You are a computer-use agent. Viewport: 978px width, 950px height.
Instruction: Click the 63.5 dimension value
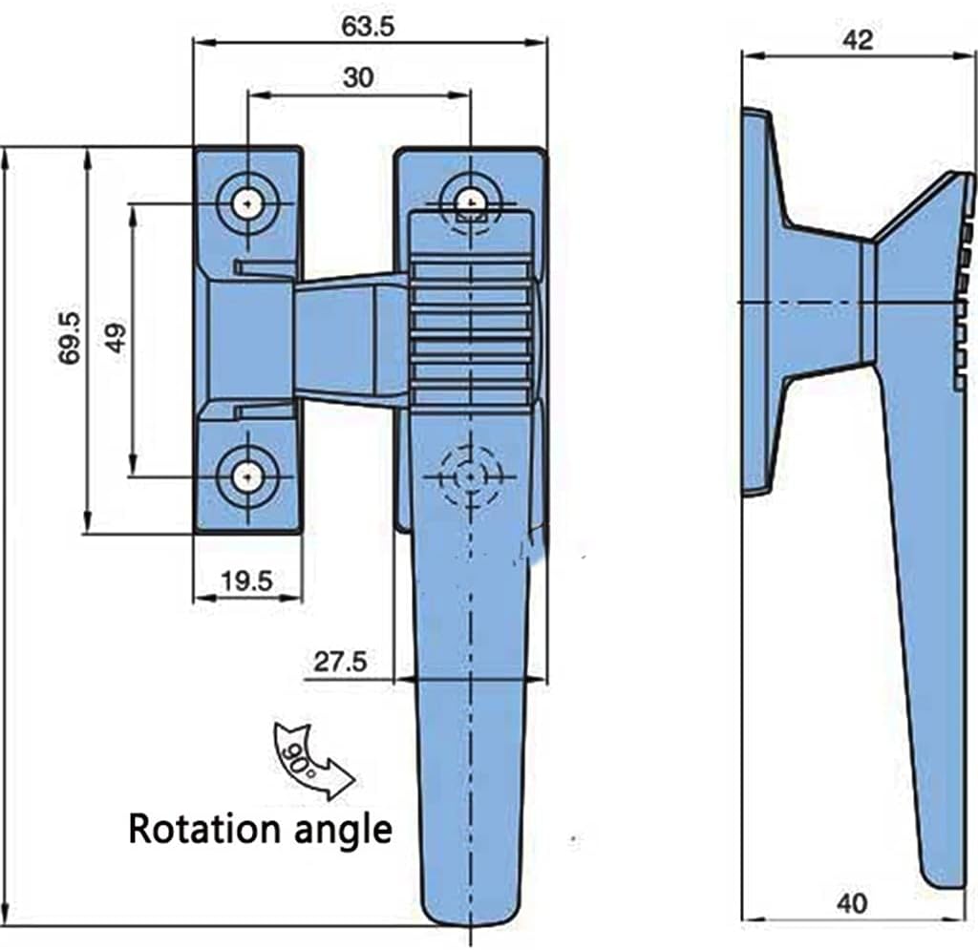368,27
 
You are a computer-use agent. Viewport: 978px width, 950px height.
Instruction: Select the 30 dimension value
359,78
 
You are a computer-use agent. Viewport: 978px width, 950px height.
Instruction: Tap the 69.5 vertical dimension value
70,338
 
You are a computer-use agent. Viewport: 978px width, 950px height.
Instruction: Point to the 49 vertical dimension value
117,338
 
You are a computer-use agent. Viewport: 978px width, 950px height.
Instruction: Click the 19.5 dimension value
247,581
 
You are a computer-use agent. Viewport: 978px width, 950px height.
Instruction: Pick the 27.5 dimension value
340,662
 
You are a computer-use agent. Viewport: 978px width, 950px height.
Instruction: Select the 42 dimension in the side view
858,40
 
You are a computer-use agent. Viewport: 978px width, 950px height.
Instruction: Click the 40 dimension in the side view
852,903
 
